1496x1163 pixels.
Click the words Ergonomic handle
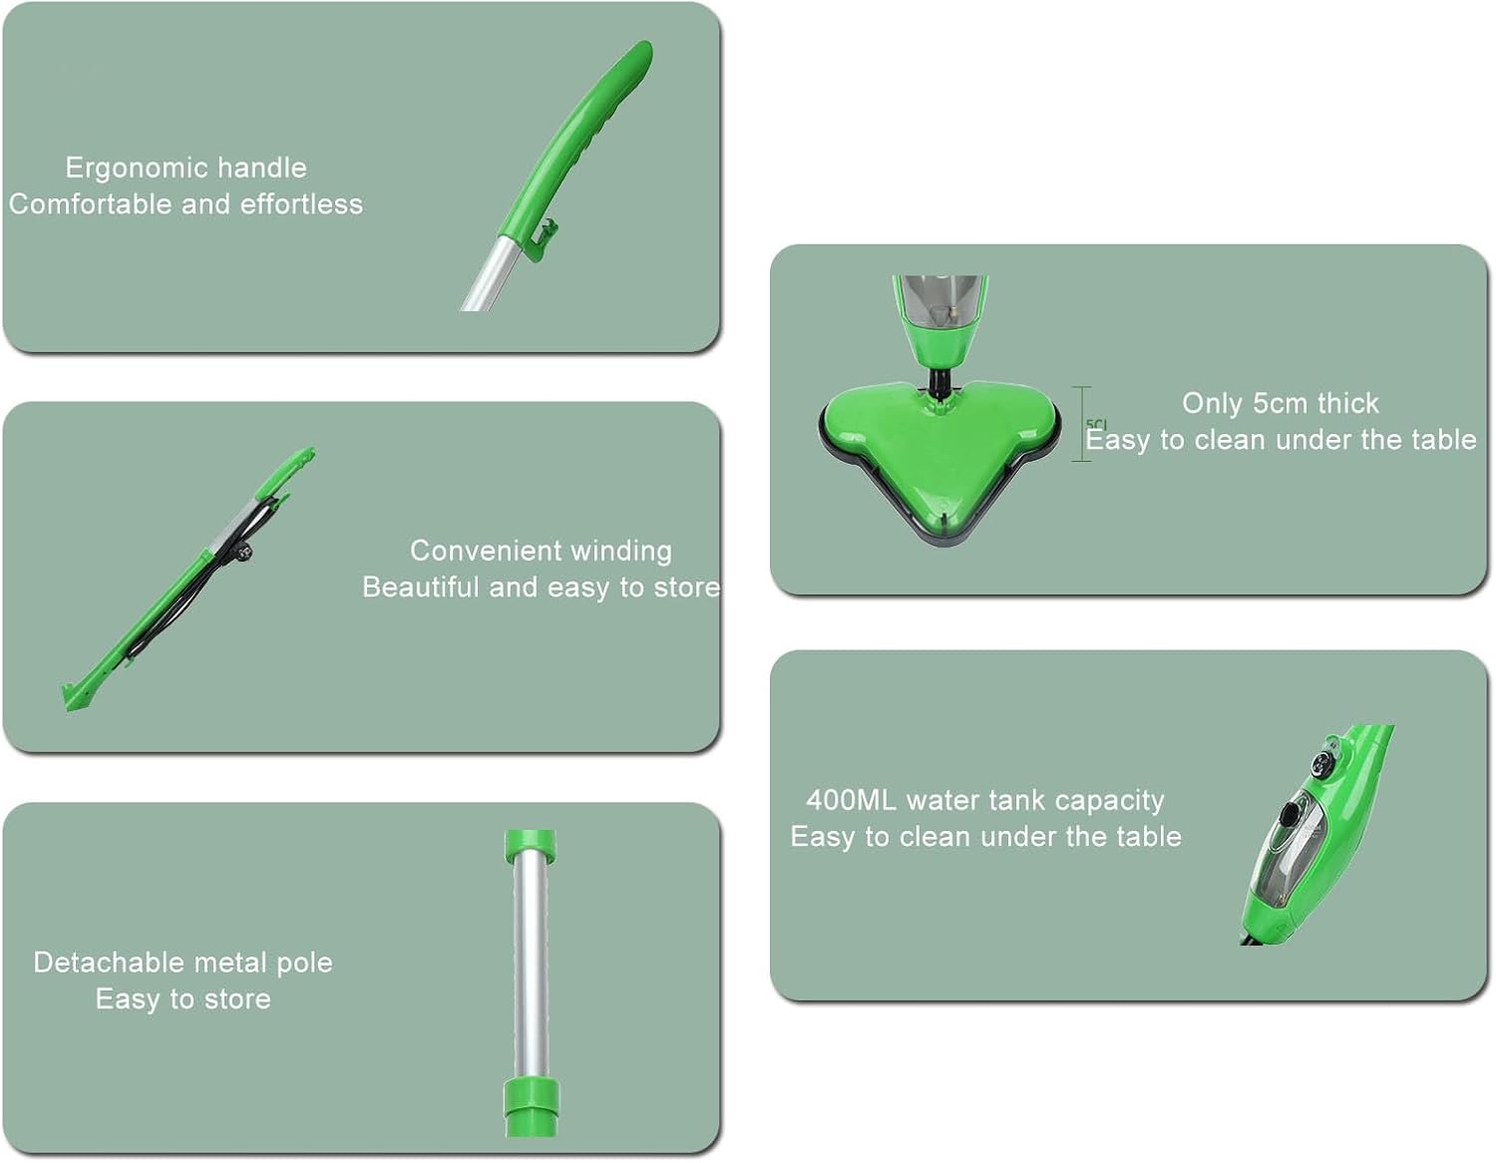point(186,168)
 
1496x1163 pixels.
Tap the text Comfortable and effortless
point(186,204)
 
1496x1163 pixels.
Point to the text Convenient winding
point(541,551)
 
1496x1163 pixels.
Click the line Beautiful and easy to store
point(541,587)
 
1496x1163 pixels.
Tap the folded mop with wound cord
point(189,579)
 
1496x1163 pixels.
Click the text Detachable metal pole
point(183,963)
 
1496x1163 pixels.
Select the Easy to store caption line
point(183,999)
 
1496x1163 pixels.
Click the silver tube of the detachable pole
point(529,968)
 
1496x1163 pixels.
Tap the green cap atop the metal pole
point(530,847)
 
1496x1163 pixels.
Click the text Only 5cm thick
point(1280,403)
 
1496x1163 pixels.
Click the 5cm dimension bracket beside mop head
point(1082,424)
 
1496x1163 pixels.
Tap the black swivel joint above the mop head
point(938,381)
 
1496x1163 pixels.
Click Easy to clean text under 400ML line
point(985,837)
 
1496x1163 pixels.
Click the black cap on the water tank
point(1290,813)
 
